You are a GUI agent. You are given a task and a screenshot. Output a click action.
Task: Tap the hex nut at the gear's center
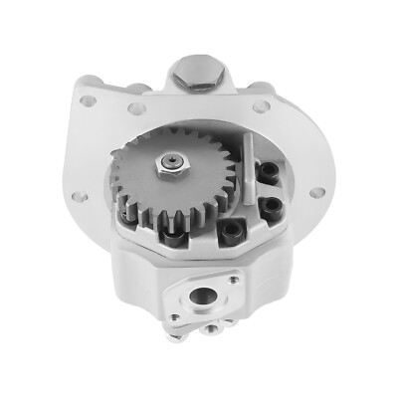(172, 161)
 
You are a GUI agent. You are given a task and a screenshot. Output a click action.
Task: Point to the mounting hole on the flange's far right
(318, 192)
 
